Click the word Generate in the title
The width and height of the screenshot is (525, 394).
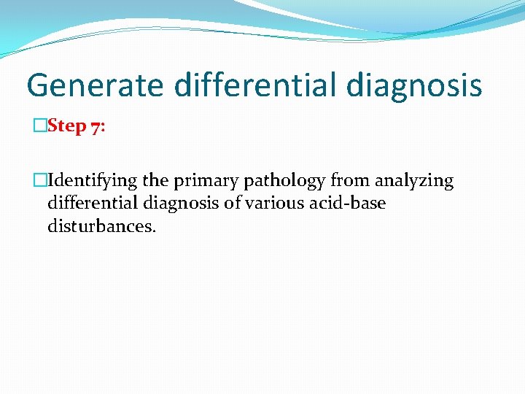click(95, 85)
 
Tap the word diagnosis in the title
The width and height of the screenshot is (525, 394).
click(414, 86)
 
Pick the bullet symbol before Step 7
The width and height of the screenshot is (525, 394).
click(40, 126)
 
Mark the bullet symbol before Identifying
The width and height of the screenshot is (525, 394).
click(40, 180)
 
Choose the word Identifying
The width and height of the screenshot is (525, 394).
click(91, 180)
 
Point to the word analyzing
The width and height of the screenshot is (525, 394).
click(414, 181)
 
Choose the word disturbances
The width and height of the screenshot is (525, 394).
click(101, 226)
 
